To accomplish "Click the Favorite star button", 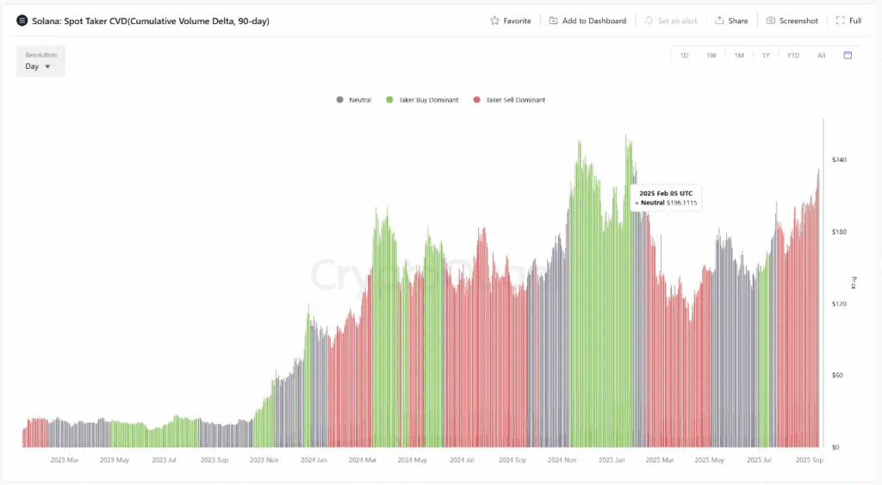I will point(510,21).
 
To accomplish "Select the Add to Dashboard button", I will point(587,21).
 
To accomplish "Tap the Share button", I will point(731,21).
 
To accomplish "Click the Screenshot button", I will point(792,21).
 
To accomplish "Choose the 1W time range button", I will point(711,55).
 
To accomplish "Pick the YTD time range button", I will point(793,55).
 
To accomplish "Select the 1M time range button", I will point(739,55).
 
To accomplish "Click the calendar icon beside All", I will point(848,55).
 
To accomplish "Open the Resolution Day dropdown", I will point(39,66).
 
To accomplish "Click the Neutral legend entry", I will point(354,100).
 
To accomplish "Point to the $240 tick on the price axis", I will point(839,160).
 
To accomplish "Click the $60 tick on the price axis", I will point(837,376).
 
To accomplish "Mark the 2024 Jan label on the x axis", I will point(314,460).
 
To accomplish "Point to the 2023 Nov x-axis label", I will point(264,460).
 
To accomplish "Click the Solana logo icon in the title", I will point(22,21).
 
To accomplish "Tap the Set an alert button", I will point(671,21).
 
